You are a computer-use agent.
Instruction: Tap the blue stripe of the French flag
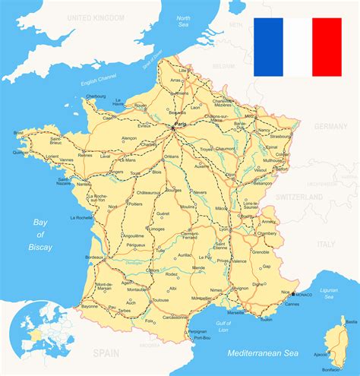(x=267, y=47)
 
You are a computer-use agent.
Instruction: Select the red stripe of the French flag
(x=327, y=47)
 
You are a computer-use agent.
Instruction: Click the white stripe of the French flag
(x=297, y=47)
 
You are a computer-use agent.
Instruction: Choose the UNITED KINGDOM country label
(x=96, y=16)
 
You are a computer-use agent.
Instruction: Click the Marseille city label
(x=235, y=312)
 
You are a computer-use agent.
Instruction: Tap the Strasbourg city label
(x=280, y=137)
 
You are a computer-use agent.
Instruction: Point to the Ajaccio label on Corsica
(x=321, y=355)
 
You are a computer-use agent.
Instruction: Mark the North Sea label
(x=183, y=21)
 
